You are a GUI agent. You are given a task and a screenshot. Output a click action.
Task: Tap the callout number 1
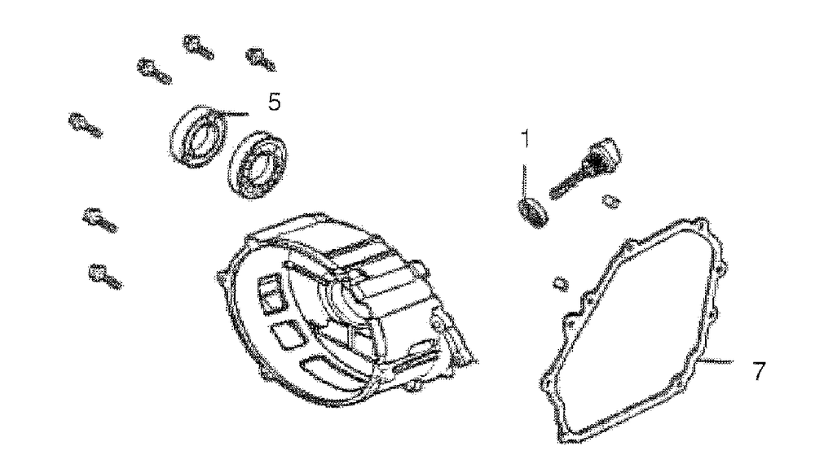pyautogui.click(x=526, y=139)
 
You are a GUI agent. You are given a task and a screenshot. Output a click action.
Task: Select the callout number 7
pyautogui.click(x=757, y=370)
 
